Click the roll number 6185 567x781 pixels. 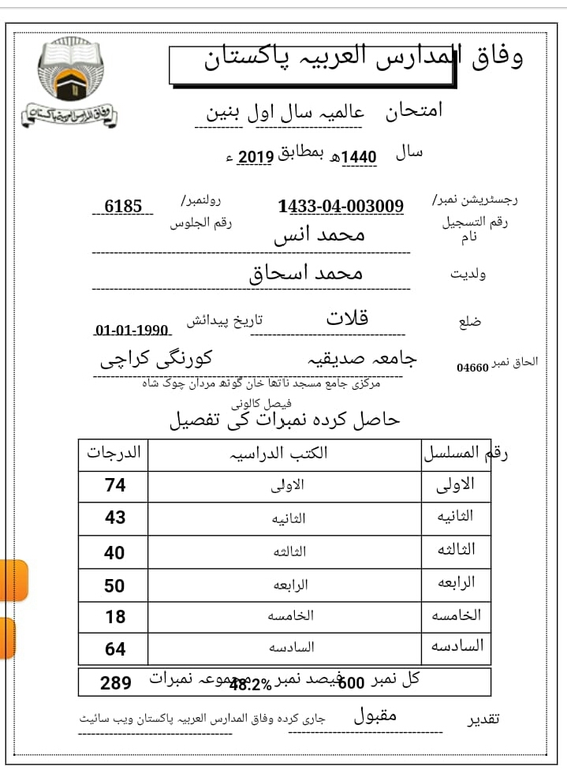click(x=123, y=207)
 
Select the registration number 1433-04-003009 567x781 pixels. click(x=341, y=207)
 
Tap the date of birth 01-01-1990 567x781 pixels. click(x=132, y=331)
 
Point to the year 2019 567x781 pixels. click(x=255, y=157)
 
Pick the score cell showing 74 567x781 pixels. click(x=115, y=485)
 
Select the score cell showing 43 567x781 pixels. click(x=115, y=518)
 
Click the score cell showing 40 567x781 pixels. click(x=115, y=552)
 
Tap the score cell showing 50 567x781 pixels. click(x=115, y=585)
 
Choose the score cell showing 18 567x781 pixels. click(x=115, y=617)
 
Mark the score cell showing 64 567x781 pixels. click(x=115, y=649)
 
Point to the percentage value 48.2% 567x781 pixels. click(x=250, y=686)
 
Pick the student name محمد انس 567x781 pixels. click(x=319, y=235)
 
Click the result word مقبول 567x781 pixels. click(x=375, y=716)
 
